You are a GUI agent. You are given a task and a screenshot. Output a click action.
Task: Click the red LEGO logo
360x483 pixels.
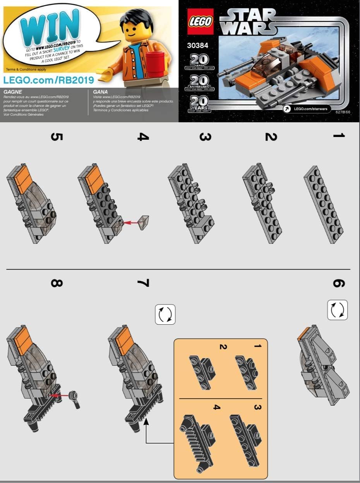pyautogui.click(x=201, y=21)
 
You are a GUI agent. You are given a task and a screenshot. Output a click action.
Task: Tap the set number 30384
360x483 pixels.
pyautogui.click(x=198, y=45)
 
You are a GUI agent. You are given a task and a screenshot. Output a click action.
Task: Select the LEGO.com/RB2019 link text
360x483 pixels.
pyautogui.click(x=49, y=80)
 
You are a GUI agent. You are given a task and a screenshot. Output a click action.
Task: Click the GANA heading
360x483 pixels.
pyautogui.click(x=100, y=92)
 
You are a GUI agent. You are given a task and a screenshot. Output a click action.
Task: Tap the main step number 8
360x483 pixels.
pyautogui.click(x=57, y=283)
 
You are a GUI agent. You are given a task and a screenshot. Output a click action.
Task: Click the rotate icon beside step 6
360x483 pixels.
pyautogui.click(x=337, y=310)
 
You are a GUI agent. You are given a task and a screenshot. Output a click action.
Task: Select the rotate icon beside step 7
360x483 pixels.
pyautogui.click(x=165, y=314)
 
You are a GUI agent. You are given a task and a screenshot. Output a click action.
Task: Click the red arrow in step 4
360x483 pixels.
pyautogui.click(x=131, y=223)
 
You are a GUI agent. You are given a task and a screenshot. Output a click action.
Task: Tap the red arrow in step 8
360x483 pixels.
pyautogui.click(x=60, y=395)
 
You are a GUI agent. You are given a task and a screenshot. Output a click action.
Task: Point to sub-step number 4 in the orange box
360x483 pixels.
pyautogui.click(x=217, y=407)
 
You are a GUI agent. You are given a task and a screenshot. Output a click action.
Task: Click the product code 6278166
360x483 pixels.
pyautogui.click(x=343, y=112)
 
